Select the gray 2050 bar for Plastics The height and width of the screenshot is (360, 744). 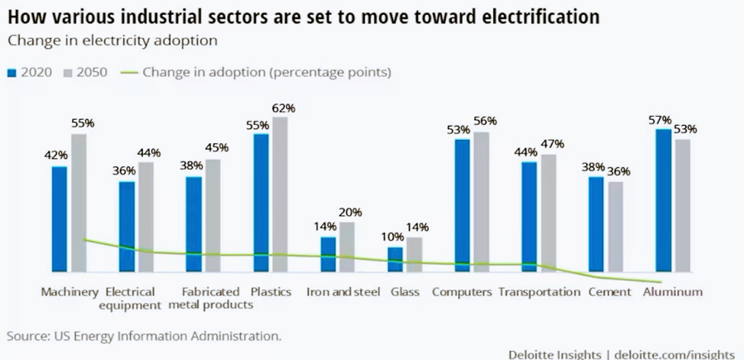[281, 194]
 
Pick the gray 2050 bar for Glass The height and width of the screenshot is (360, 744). [414, 254]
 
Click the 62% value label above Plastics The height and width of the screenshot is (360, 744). [283, 108]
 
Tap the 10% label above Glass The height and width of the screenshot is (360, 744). [394, 238]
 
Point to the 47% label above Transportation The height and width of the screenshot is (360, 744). [551, 144]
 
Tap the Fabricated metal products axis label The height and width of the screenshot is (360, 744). [210, 298]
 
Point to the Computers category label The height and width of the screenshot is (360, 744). [462, 292]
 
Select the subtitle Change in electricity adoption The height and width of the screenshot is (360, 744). [101, 39]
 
